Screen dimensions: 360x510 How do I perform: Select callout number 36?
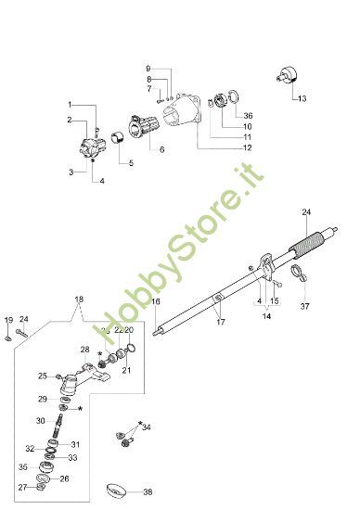[x=247, y=115]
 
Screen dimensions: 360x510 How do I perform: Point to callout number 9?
[x=147, y=69]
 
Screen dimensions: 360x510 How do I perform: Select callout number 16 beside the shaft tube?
[x=155, y=302]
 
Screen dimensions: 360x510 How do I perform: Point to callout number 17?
[x=220, y=322]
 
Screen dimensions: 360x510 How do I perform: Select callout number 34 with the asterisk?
[x=147, y=427]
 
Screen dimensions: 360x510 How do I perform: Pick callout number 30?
[x=42, y=420]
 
